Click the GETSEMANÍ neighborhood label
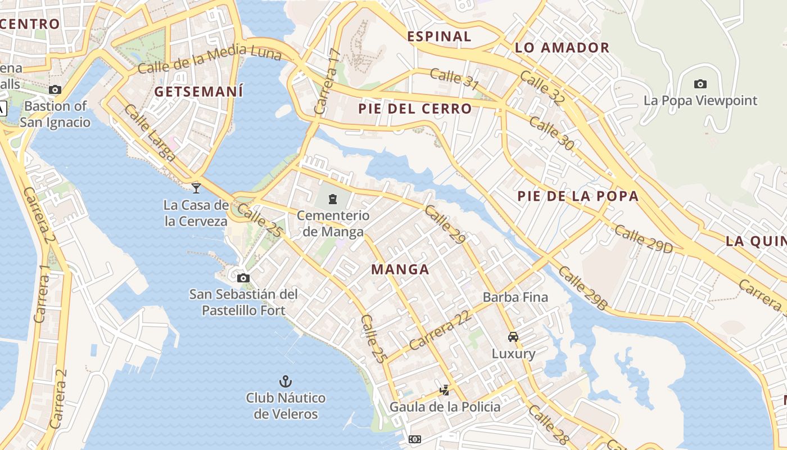(198, 91)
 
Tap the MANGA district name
(400, 269)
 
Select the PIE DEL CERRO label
(415, 109)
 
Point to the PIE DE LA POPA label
(578, 196)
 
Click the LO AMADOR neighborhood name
(562, 48)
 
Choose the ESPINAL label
(439, 37)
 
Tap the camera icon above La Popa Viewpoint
(700, 84)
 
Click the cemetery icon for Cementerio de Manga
(333, 199)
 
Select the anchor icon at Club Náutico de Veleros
(286, 381)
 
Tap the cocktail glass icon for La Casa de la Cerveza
(196, 188)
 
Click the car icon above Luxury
(513, 337)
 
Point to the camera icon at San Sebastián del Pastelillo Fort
(243, 278)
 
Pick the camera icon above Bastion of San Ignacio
(55, 89)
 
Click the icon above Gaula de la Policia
(445, 390)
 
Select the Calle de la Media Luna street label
(209, 59)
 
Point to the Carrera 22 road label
(440, 330)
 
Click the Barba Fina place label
(515, 297)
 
